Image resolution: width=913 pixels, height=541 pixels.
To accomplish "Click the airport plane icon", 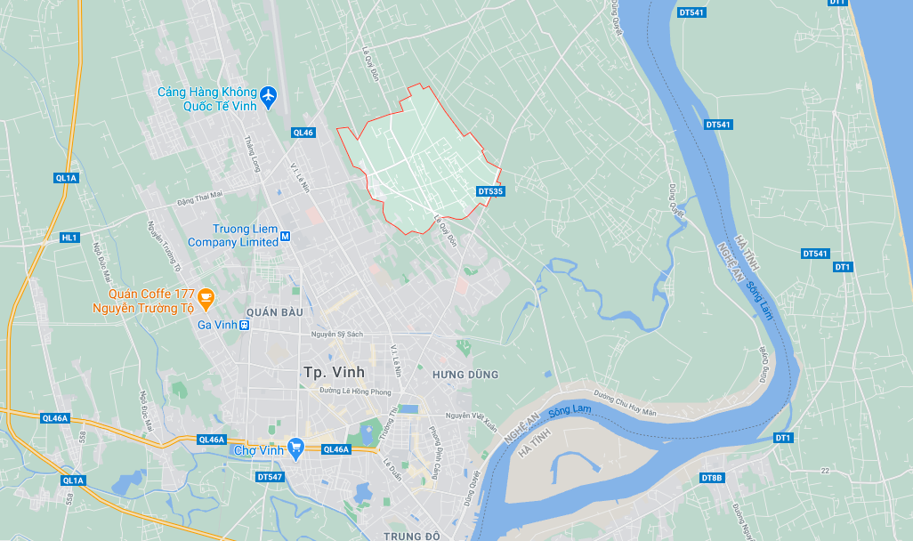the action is [x=269, y=94].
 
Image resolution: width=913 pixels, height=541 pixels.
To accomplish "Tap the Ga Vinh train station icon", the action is [x=245, y=325].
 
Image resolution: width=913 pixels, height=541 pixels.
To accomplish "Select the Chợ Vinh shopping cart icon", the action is [x=297, y=448].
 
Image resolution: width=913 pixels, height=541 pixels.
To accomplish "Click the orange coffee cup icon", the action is [x=206, y=296].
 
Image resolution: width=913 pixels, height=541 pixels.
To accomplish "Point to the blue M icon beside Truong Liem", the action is [x=286, y=236].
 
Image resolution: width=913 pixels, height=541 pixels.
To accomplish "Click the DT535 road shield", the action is [x=490, y=191].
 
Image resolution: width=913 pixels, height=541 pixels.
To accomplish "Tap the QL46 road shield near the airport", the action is [x=303, y=133].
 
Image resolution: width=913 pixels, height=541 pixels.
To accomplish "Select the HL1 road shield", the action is [x=70, y=238].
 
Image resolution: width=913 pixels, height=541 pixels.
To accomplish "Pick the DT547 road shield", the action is [x=269, y=477].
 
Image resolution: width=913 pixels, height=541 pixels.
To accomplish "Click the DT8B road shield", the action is [x=711, y=478].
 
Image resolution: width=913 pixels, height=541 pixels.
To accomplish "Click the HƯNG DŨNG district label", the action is [x=465, y=375].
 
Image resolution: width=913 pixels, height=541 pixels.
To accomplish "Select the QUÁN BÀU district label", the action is [x=275, y=312].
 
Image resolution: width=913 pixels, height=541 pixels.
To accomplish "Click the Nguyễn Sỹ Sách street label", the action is [x=337, y=335].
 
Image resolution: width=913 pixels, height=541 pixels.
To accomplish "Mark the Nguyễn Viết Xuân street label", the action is [x=472, y=416].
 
